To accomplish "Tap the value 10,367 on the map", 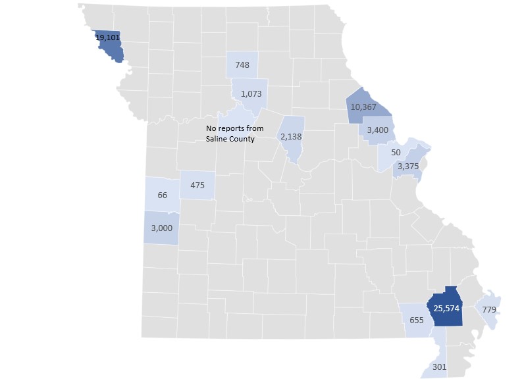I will point(363,107).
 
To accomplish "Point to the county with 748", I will point(242,65).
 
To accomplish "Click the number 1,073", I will point(251,93).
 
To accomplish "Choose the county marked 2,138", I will point(291,136).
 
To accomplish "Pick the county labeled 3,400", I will point(378,129).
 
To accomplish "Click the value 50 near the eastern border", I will point(396,152).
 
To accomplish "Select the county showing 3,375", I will point(408,166).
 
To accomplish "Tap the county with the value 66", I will point(163,195).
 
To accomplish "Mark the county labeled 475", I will point(197,186).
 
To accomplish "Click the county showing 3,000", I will point(161,228).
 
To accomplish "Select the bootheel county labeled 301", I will point(438,367).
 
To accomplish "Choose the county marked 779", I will point(489,309).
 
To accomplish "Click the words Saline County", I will point(230,139).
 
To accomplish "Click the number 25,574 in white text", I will point(446,307).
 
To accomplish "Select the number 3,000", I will point(161,228).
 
